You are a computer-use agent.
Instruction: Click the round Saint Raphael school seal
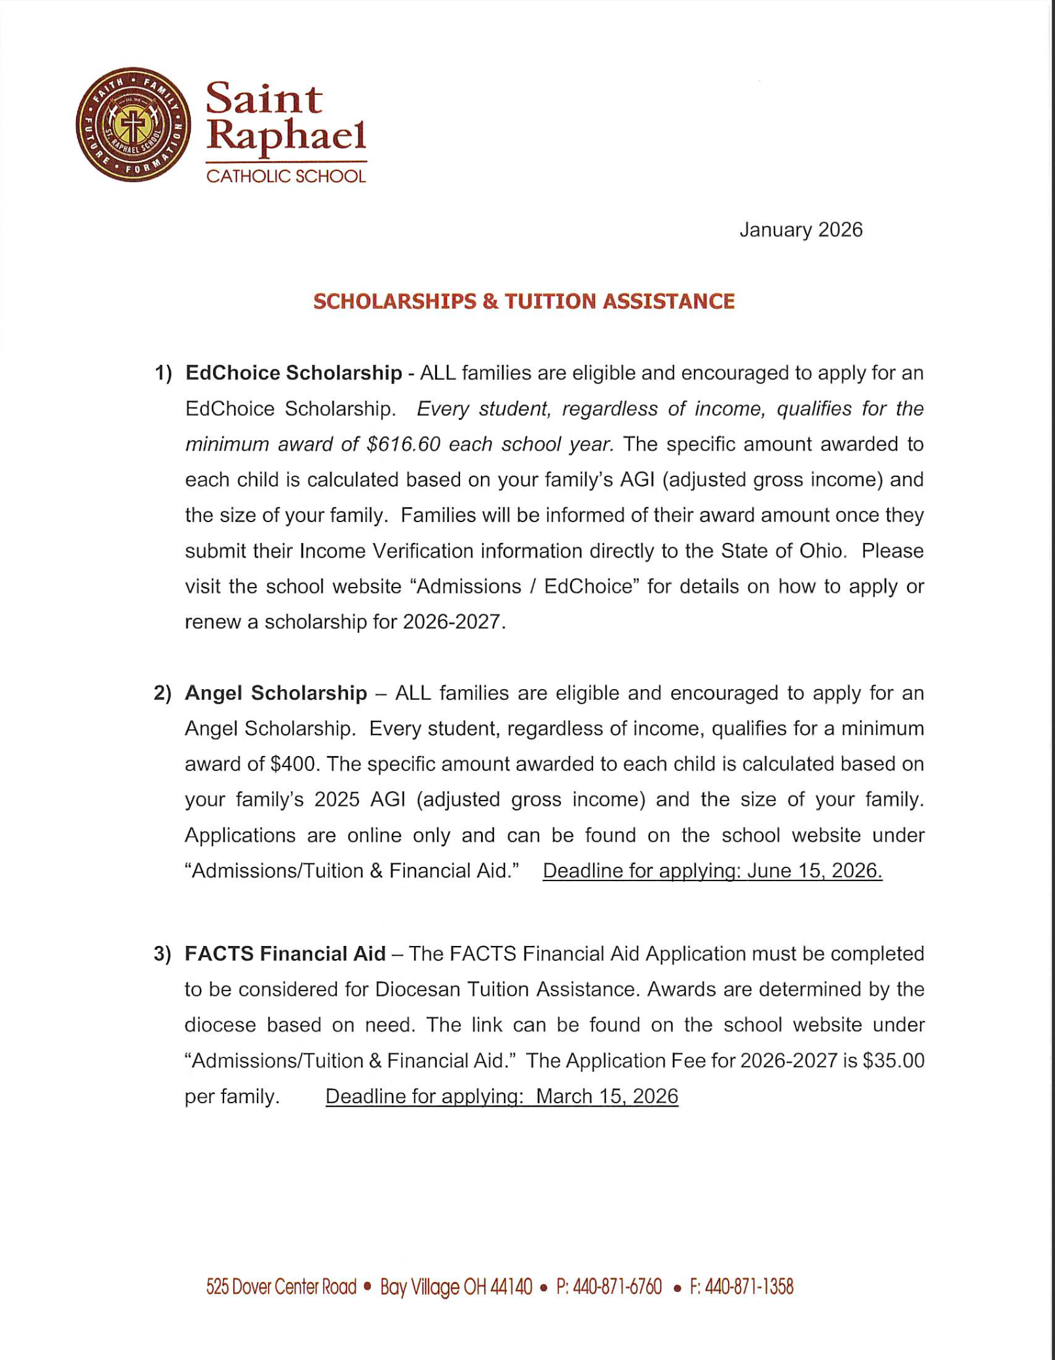coord(133,124)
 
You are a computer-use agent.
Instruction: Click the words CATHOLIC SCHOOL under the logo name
coord(286,176)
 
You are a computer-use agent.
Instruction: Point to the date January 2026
coord(801,230)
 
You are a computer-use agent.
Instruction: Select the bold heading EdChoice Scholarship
coord(294,373)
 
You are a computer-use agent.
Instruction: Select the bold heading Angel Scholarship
coord(276,693)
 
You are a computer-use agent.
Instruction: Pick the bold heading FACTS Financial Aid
coord(285,954)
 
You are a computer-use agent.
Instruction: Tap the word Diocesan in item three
coord(417,989)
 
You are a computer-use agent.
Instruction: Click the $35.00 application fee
coord(893,1061)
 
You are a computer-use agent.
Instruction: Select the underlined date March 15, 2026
coord(607,1097)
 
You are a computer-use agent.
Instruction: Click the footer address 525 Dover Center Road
coord(281,1287)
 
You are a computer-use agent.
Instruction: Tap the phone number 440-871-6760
coord(617,1287)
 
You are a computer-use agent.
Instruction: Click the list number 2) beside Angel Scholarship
coord(163,693)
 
